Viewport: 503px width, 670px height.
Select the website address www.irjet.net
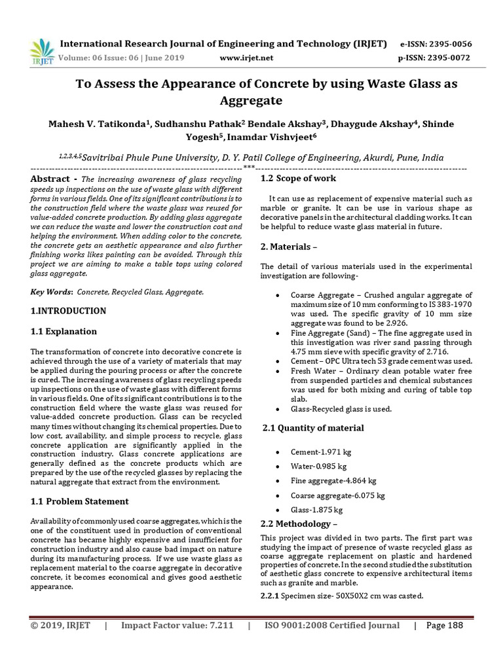pos(247,58)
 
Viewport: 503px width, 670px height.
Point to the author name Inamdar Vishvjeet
pos(278,136)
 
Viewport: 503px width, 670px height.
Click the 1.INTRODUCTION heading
pos(68,311)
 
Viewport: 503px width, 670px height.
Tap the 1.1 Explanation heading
pos(64,331)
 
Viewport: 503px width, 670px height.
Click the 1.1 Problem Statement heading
pos(80,501)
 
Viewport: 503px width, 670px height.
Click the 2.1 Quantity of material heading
pos(313,428)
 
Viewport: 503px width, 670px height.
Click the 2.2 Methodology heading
pos(299,524)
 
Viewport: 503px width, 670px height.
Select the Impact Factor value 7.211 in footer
pos(177,626)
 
